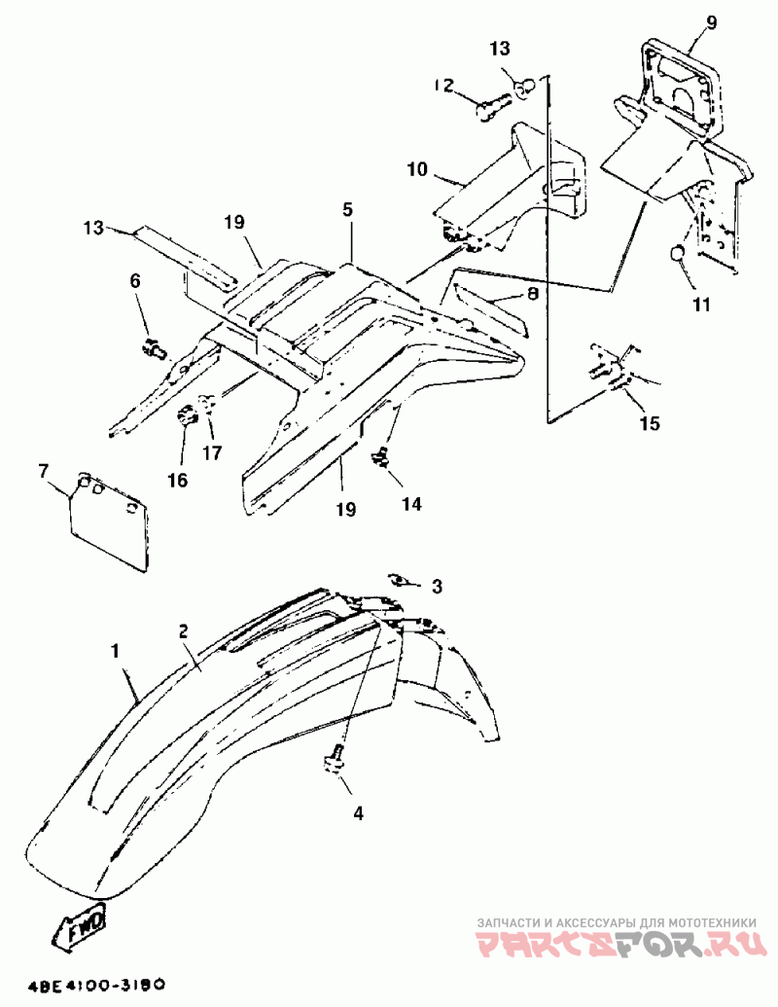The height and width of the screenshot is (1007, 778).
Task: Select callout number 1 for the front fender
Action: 119,649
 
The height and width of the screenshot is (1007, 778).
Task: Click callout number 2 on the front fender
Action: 182,631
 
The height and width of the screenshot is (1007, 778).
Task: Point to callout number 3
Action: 437,587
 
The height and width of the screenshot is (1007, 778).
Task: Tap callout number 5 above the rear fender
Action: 347,209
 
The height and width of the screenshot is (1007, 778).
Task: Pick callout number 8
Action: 533,292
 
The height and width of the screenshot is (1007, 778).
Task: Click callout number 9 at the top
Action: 711,22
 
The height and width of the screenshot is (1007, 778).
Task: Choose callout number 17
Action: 211,451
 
